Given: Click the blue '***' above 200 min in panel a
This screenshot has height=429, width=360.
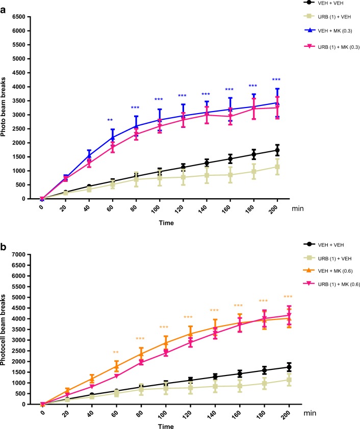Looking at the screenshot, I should coord(276,79).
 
